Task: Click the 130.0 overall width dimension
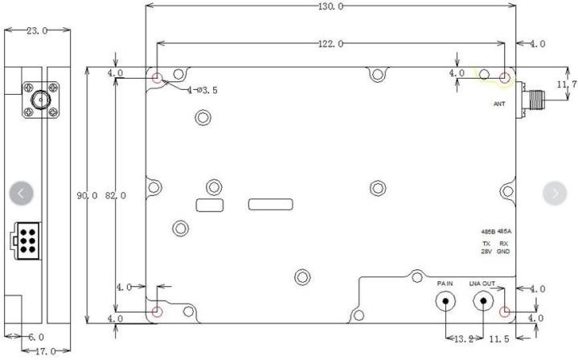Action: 330,6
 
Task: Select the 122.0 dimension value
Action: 330,44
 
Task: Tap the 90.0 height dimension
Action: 87,195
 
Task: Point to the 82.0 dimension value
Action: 116,195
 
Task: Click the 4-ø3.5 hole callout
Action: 202,90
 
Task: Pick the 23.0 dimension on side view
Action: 37,31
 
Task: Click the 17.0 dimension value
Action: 45,351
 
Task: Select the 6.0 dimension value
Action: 36,337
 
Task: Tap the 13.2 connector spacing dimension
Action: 464,339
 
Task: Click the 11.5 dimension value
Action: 499,339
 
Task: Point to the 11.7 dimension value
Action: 567,84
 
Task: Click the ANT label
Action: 499,104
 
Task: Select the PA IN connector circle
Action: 445,301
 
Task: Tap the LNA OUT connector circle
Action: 483,301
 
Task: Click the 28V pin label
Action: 486,252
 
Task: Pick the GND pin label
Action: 503,252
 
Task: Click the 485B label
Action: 488,231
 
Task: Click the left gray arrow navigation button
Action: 22,193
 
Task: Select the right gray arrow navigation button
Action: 555,193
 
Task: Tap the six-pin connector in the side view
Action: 26,241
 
